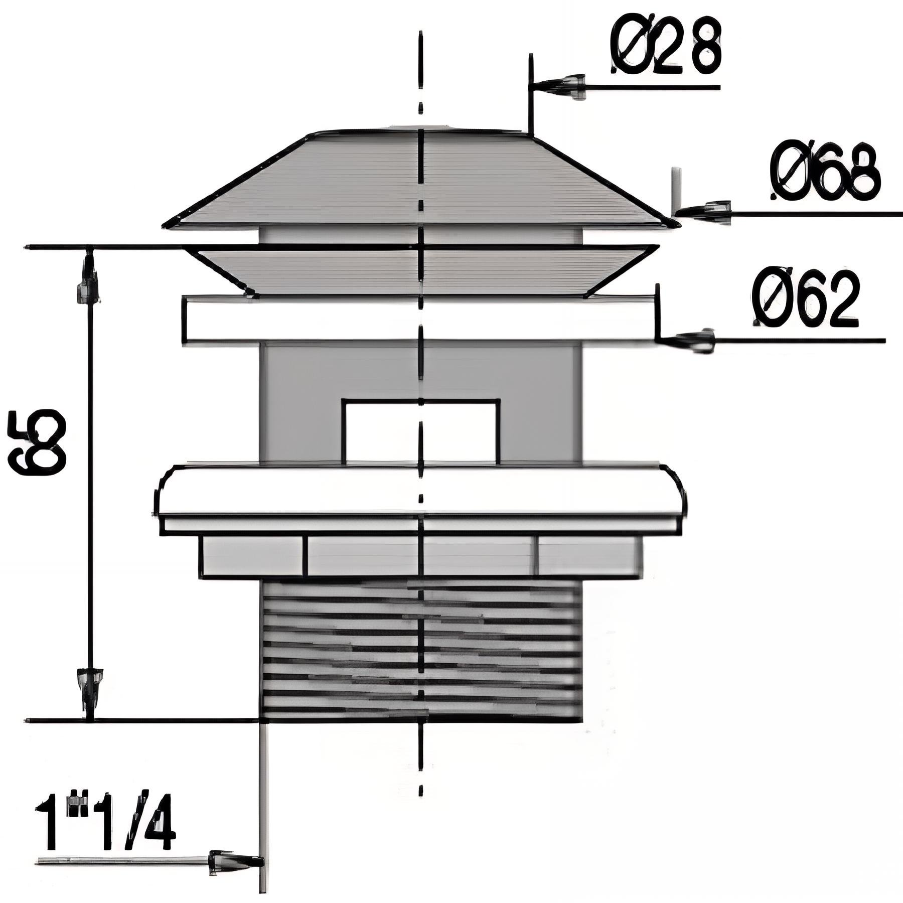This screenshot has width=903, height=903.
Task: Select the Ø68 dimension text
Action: pos(825,174)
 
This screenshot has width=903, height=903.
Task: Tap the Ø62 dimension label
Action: pos(806,300)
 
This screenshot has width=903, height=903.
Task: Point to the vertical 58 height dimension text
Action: pos(38,441)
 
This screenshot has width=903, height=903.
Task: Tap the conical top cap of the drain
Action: pos(421,181)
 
